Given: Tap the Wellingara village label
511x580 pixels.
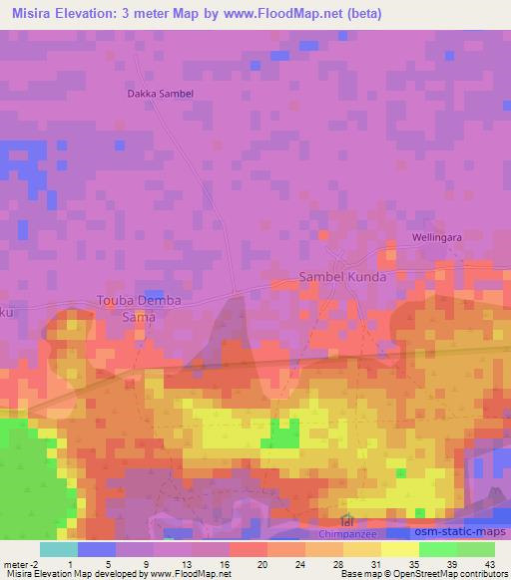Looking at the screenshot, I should coord(438,238).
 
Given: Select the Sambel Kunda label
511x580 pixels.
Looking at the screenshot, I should coord(342,276).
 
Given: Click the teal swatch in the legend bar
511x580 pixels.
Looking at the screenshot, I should coord(59,549).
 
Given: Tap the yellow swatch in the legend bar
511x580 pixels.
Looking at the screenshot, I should coord(399,549).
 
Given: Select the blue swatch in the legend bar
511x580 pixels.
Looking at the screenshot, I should coord(97,549).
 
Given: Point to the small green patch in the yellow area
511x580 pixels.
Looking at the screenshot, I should coord(285,435).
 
